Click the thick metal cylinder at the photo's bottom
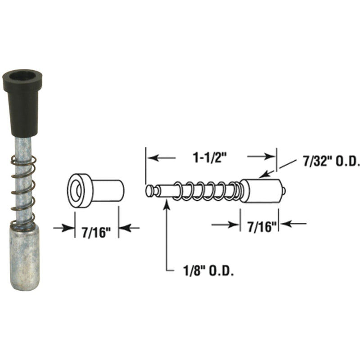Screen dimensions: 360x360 [x=25, y=256]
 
